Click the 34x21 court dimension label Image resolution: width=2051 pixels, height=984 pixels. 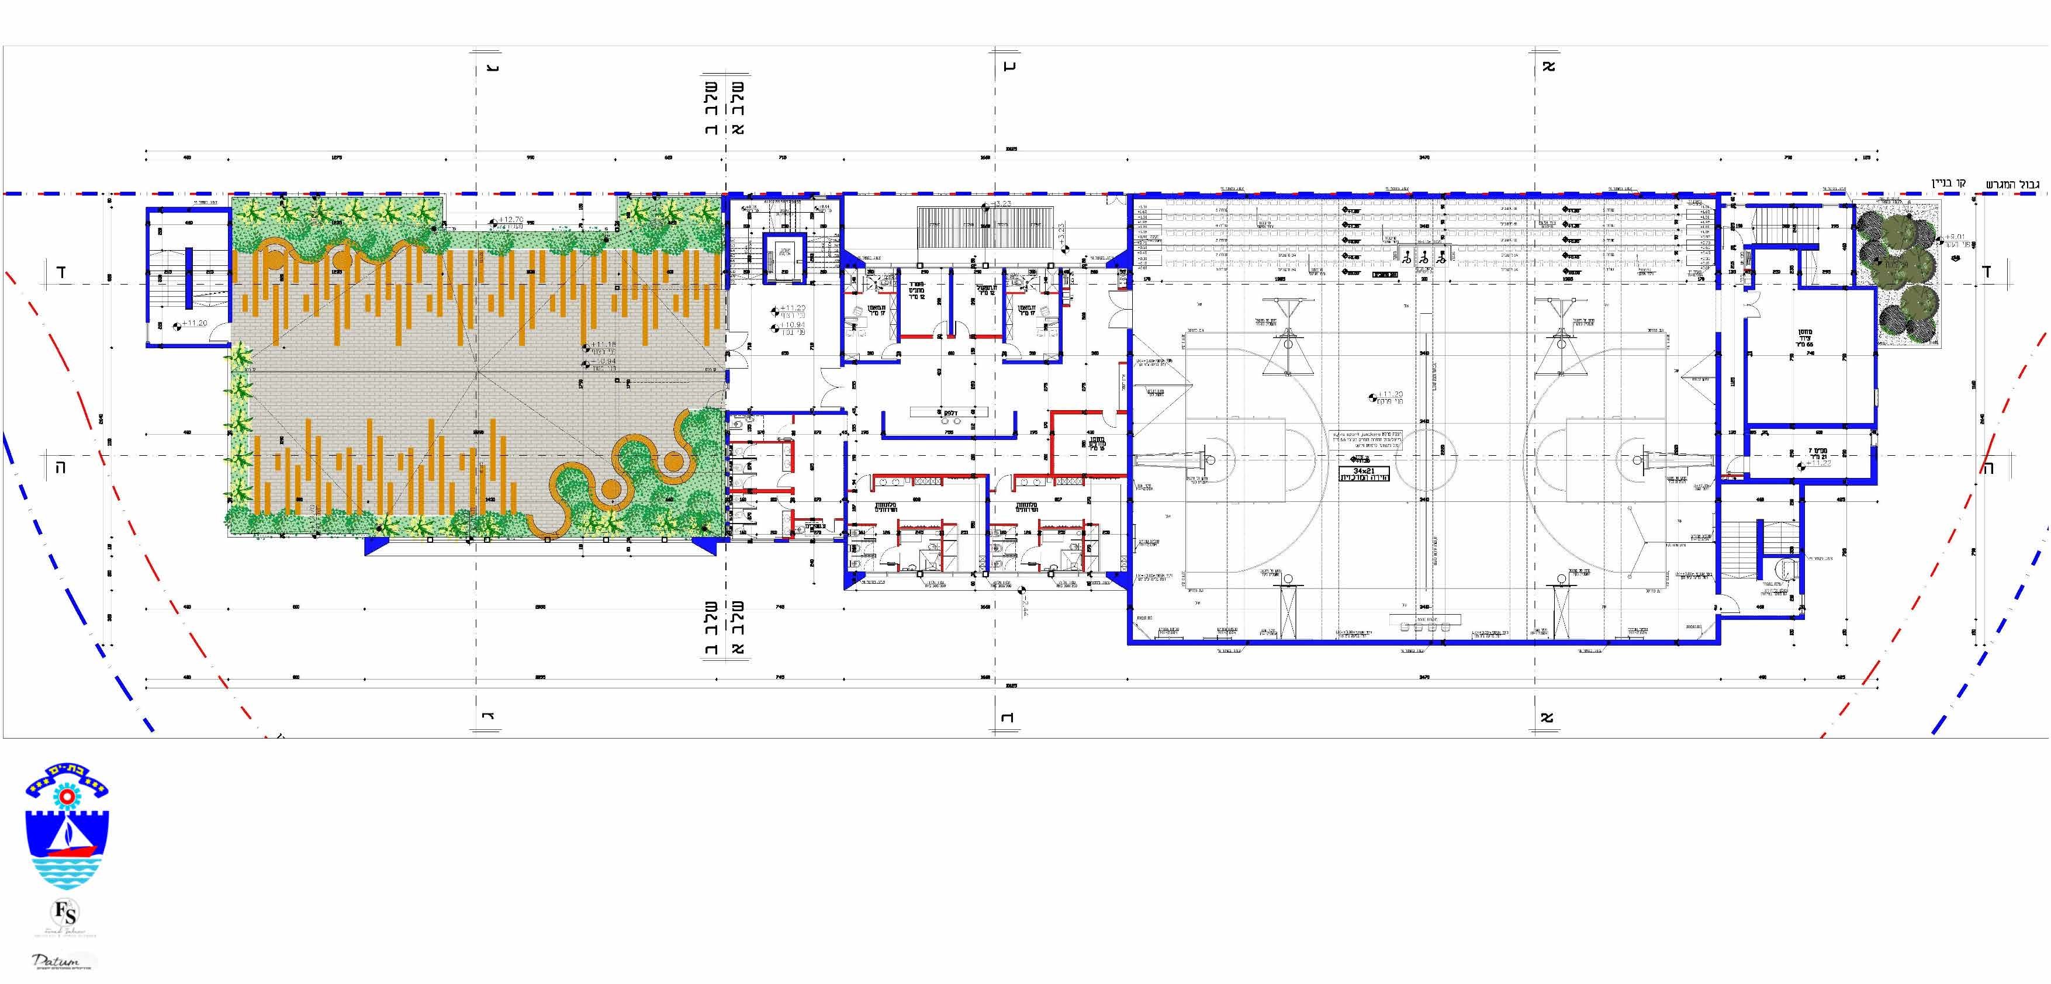click(1364, 470)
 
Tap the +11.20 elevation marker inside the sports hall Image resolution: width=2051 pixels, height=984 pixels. click(1390, 394)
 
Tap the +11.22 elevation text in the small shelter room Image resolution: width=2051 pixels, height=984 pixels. click(1820, 463)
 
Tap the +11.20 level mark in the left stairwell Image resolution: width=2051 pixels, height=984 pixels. click(194, 323)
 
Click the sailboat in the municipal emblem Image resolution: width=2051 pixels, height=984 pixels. click(70, 836)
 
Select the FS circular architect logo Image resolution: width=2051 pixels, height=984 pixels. click(66, 912)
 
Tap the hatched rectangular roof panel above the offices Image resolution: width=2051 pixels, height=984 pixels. click(985, 228)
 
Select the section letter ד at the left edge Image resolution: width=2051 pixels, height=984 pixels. click(61, 272)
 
